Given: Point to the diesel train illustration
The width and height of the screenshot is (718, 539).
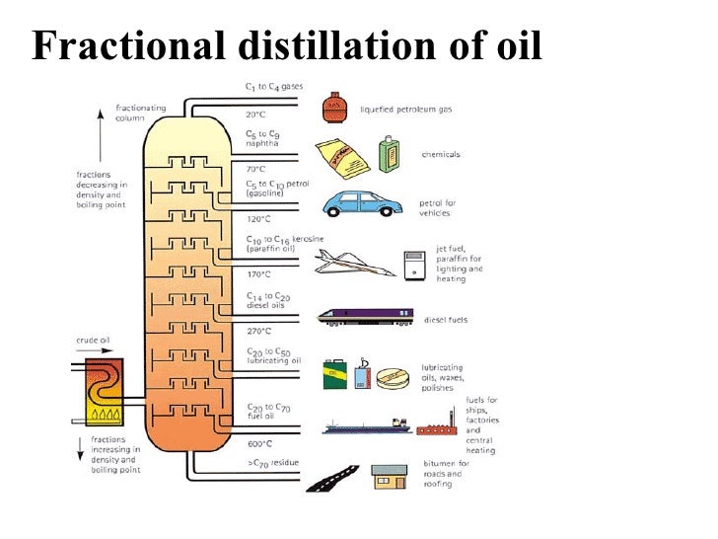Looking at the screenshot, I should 365,317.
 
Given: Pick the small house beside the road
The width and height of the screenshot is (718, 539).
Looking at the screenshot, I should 390,478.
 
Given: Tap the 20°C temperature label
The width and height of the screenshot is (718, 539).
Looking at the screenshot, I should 256,115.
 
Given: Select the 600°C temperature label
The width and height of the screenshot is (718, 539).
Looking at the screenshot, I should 259,444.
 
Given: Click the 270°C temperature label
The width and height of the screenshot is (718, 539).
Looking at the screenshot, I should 258,332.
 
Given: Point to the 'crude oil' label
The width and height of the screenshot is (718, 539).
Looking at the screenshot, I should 93,341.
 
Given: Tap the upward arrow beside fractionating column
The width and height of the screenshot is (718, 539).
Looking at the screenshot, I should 99,129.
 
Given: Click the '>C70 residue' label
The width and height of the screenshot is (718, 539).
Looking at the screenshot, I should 274,462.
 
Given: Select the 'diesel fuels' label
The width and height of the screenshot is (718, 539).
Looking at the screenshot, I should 444,320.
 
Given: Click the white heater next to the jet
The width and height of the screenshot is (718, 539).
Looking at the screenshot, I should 414,264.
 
